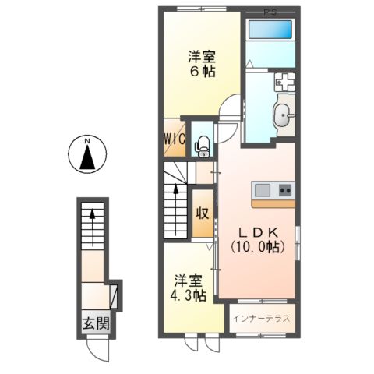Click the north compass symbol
(x=88, y=156)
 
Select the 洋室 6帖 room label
(x=200, y=63)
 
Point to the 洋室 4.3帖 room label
(x=189, y=288)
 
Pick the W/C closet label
(x=174, y=140)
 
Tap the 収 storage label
(x=201, y=213)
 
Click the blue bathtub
(x=269, y=32)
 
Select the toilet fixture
(x=202, y=143)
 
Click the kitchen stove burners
(x=284, y=190)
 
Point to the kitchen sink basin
(x=262, y=190)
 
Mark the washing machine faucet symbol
(x=283, y=81)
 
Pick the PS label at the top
(x=270, y=11)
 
